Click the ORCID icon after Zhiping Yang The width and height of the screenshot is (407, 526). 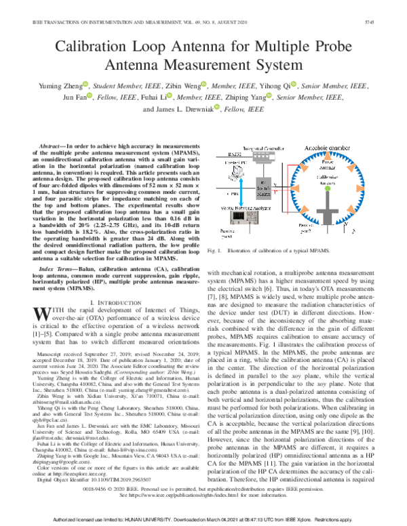point(270,99)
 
